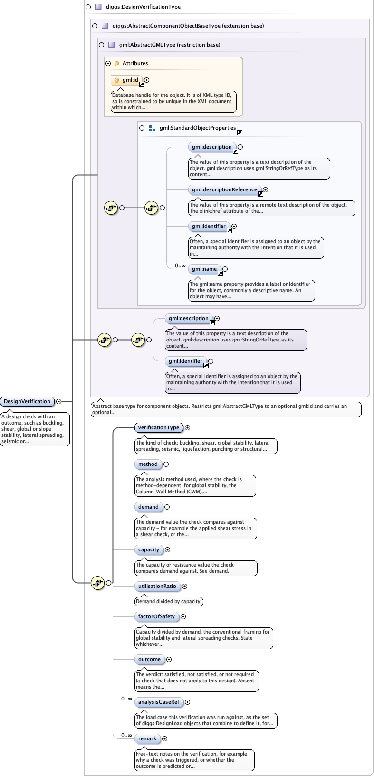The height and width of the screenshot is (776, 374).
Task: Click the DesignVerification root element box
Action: tap(28, 401)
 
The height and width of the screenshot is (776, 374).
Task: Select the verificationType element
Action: tap(159, 427)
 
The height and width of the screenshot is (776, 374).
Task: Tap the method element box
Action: tap(148, 464)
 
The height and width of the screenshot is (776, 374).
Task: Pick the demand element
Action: tap(148, 507)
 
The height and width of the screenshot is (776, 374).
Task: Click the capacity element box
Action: tap(149, 549)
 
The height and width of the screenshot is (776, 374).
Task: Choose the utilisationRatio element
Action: tap(157, 586)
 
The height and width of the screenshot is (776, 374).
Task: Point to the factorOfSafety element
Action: tap(157, 616)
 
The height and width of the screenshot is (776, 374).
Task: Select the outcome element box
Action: tap(149, 659)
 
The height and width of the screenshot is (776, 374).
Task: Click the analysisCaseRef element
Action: tap(159, 702)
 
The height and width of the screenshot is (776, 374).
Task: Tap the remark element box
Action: tap(147, 738)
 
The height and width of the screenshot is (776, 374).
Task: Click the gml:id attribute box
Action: tap(127, 80)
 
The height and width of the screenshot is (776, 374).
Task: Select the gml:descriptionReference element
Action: tap(225, 190)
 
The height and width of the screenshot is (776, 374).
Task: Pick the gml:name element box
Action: tap(204, 269)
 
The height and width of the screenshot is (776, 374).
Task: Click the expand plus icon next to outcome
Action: tap(169, 659)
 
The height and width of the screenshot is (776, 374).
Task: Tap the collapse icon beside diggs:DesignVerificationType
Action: tap(88, 7)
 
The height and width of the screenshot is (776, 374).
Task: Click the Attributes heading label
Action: tap(135, 63)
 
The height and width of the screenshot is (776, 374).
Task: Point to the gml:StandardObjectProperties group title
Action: tap(198, 128)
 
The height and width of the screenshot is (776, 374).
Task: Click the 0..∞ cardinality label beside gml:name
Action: tap(180, 265)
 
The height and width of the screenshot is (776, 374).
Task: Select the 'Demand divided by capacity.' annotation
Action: tap(169, 601)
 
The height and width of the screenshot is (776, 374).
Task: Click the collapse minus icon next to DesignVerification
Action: tap(58, 401)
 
